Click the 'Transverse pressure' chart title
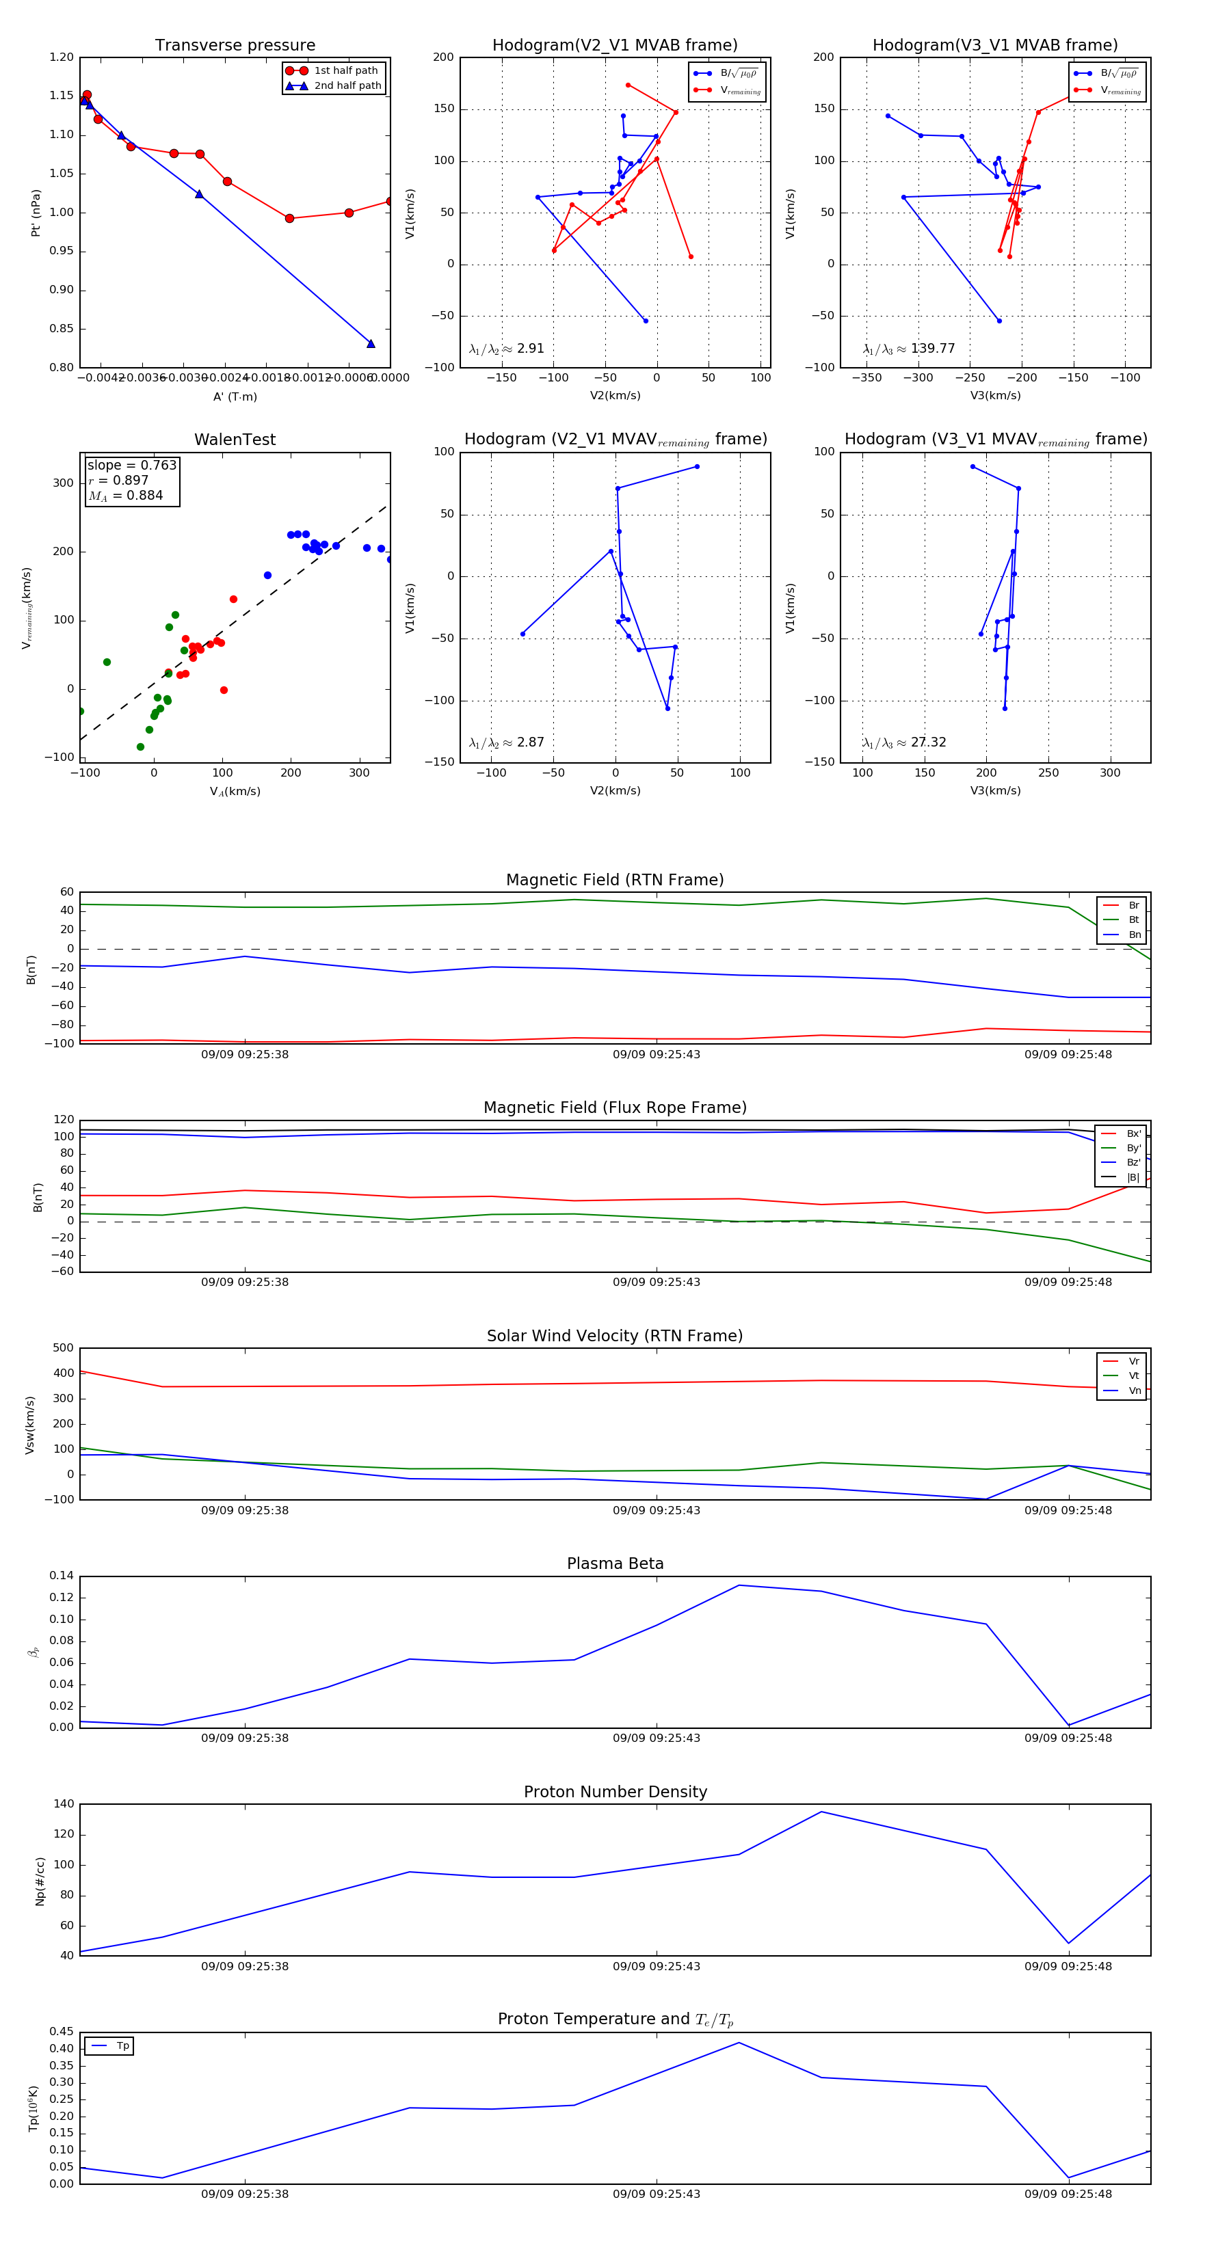(x=235, y=46)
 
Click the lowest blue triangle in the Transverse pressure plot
(x=371, y=343)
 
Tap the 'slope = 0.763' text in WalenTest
(x=131, y=465)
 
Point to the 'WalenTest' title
(x=235, y=440)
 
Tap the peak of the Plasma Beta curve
(x=739, y=1585)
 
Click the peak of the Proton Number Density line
(x=821, y=1812)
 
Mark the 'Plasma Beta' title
(x=615, y=1564)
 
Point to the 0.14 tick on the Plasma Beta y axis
(x=62, y=1576)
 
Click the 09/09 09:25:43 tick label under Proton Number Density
(x=657, y=1966)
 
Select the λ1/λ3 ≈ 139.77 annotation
(x=909, y=349)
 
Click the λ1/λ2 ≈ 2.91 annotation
(x=506, y=349)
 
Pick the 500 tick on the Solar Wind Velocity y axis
(x=62, y=1348)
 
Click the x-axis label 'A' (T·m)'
(x=235, y=397)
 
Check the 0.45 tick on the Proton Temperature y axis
(x=62, y=2032)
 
